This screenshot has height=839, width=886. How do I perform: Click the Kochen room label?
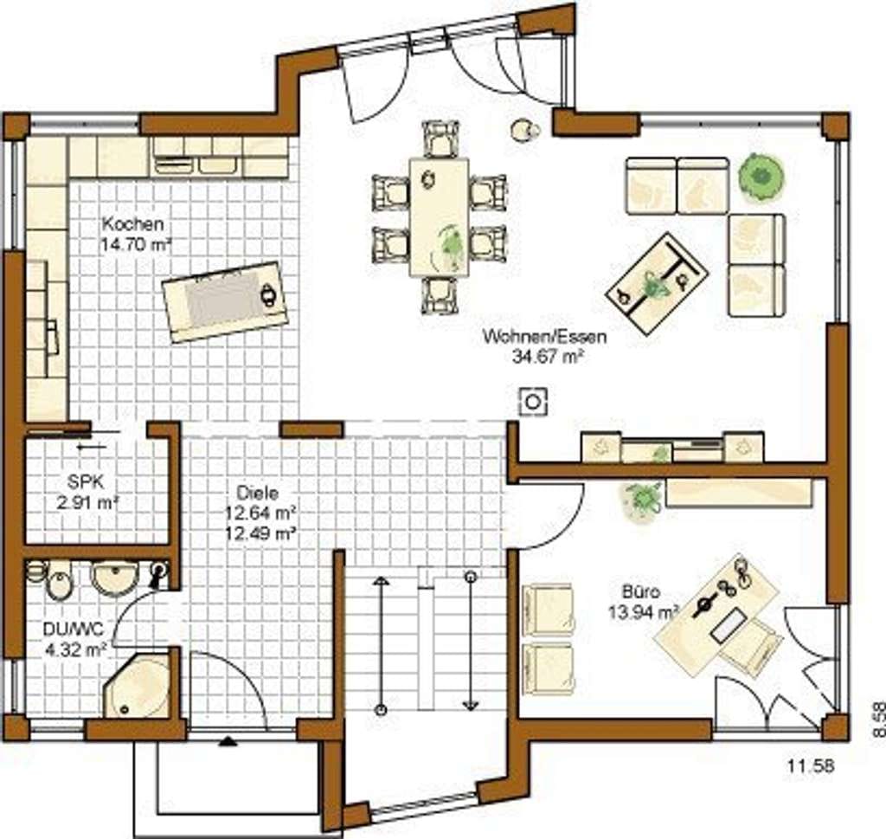132,224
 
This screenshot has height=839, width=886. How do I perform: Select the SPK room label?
86,481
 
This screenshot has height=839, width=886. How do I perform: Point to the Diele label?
258,493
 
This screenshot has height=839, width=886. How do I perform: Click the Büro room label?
641,592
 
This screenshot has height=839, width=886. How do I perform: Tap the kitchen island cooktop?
226,300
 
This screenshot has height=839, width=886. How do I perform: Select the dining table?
439,217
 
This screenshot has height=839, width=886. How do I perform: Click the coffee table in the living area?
657,285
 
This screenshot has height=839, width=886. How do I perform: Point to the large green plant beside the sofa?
761,177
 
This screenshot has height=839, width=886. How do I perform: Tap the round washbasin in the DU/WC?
114,578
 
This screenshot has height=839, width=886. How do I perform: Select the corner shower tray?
137,687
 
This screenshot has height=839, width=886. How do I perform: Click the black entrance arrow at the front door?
228,741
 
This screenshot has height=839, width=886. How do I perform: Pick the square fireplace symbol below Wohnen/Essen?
532,402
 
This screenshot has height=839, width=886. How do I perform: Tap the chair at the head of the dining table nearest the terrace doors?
440,139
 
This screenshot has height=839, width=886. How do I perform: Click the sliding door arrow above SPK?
92,447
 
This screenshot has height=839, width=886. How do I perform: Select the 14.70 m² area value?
136,244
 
